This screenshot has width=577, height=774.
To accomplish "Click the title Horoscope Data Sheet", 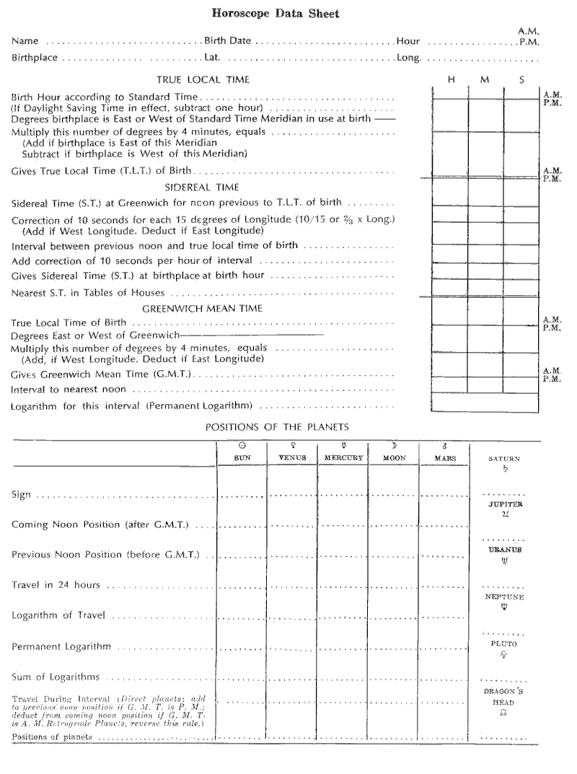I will pyautogui.click(x=288, y=13).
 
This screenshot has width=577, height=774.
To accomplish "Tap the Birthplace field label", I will pyautogui.click(x=34, y=58).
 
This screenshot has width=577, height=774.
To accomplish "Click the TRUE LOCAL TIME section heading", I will pyautogui.click(x=203, y=79).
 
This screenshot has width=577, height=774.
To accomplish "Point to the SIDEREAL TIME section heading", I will pyautogui.click(x=204, y=185).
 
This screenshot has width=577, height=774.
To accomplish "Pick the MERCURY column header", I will pyautogui.click(x=343, y=458).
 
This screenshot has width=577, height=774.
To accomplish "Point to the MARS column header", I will pyautogui.click(x=444, y=458).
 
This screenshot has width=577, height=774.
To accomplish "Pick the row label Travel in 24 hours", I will pyautogui.click(x=56, y=584).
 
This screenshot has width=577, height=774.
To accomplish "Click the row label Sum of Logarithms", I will pyautogui.click(x=56, y=678).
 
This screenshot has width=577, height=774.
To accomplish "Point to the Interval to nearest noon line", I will pyautogui.click(x=71, y=390).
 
